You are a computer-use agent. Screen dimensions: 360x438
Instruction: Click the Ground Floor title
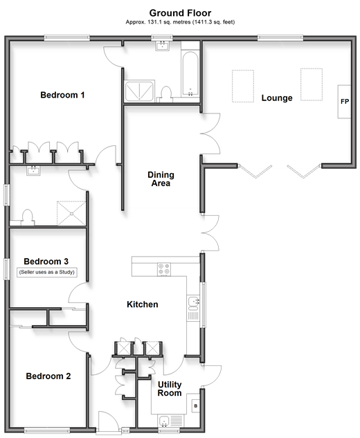pos(180,13)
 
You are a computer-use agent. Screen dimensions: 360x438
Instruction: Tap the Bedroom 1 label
pos(62,95)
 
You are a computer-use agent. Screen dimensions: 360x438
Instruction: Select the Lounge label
pos(277,98)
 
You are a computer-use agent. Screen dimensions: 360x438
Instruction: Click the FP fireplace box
pos(344,102)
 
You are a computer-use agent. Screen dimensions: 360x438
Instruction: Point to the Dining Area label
pos(161,179)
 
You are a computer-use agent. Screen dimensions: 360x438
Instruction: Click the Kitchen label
pos(142,304)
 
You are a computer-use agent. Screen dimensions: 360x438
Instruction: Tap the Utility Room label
pos(170,389)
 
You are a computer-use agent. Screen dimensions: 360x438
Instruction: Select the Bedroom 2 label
pos(48,376)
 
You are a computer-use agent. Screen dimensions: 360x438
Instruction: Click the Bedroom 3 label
pos(46,262)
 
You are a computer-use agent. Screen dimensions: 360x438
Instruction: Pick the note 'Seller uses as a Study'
pos(46,272)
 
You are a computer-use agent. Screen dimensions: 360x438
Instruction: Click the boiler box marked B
pos(196,405)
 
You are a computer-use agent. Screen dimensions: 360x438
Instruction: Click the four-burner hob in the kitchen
pos(164,269)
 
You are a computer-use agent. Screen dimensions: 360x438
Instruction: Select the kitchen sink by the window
pos(193,303)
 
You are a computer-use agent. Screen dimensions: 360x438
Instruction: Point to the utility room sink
pos(164,421)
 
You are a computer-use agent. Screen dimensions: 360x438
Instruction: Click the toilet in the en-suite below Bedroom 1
pos(28,217)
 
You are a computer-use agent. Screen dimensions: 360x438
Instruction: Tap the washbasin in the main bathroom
pos(162,46)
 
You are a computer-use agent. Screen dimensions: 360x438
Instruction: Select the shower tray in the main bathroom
pos(139,91)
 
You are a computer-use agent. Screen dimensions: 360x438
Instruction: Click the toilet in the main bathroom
pos(166,93)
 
